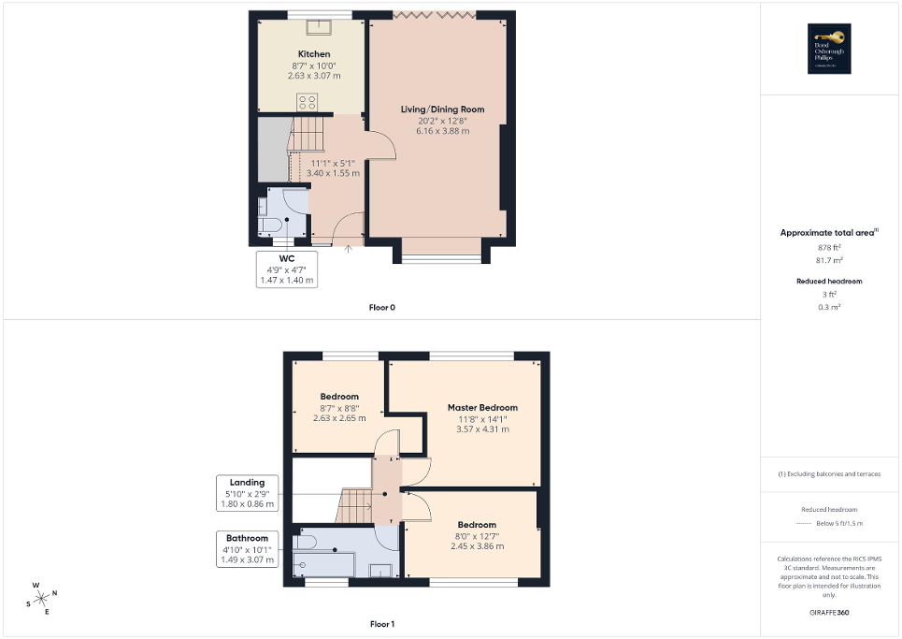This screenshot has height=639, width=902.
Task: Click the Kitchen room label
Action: coord(314,54)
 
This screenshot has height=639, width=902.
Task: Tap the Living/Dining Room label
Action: coord(442,109)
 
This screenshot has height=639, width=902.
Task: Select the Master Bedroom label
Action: coord(481,407)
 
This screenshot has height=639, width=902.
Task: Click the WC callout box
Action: coord(287,269)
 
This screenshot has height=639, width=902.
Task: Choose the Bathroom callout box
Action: coord(248,549)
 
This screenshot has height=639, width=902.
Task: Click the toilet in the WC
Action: coord(271,225)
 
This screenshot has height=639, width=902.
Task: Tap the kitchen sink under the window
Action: coord(321,25)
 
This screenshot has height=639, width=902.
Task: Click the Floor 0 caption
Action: coord(381,306)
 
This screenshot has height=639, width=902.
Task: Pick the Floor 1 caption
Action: coord(381,623)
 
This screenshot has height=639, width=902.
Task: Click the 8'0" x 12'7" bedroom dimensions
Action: coord(477,535)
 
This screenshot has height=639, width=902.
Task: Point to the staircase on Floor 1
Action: coord(353,506)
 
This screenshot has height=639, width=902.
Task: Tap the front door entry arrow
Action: coord(348,248)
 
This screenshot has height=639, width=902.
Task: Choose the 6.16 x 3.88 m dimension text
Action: coord(442,131)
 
